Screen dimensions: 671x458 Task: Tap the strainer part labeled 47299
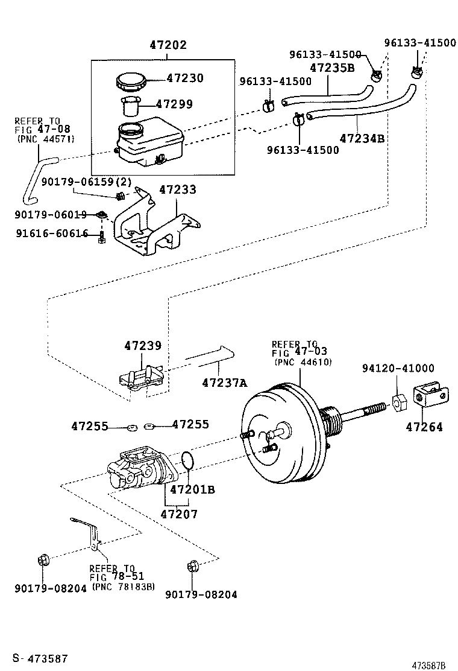[x=131, y=107]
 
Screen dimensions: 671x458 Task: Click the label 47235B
[x=332, y=68]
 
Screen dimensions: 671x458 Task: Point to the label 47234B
[x=362, y=138]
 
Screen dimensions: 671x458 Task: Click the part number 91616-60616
[x=52, y=234]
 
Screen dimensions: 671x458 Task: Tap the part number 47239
[x=143, y=346]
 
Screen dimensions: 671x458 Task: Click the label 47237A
[x=224, y=382]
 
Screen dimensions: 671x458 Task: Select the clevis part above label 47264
[x=430, y=395]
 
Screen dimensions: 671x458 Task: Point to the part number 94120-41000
[x=398, y=369]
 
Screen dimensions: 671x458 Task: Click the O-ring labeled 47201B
[x=187, y=460]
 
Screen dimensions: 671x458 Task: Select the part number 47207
[x=178, y=514]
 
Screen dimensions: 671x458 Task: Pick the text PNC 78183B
[x=123, y=586]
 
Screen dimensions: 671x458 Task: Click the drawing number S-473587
[x=40, y=658]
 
